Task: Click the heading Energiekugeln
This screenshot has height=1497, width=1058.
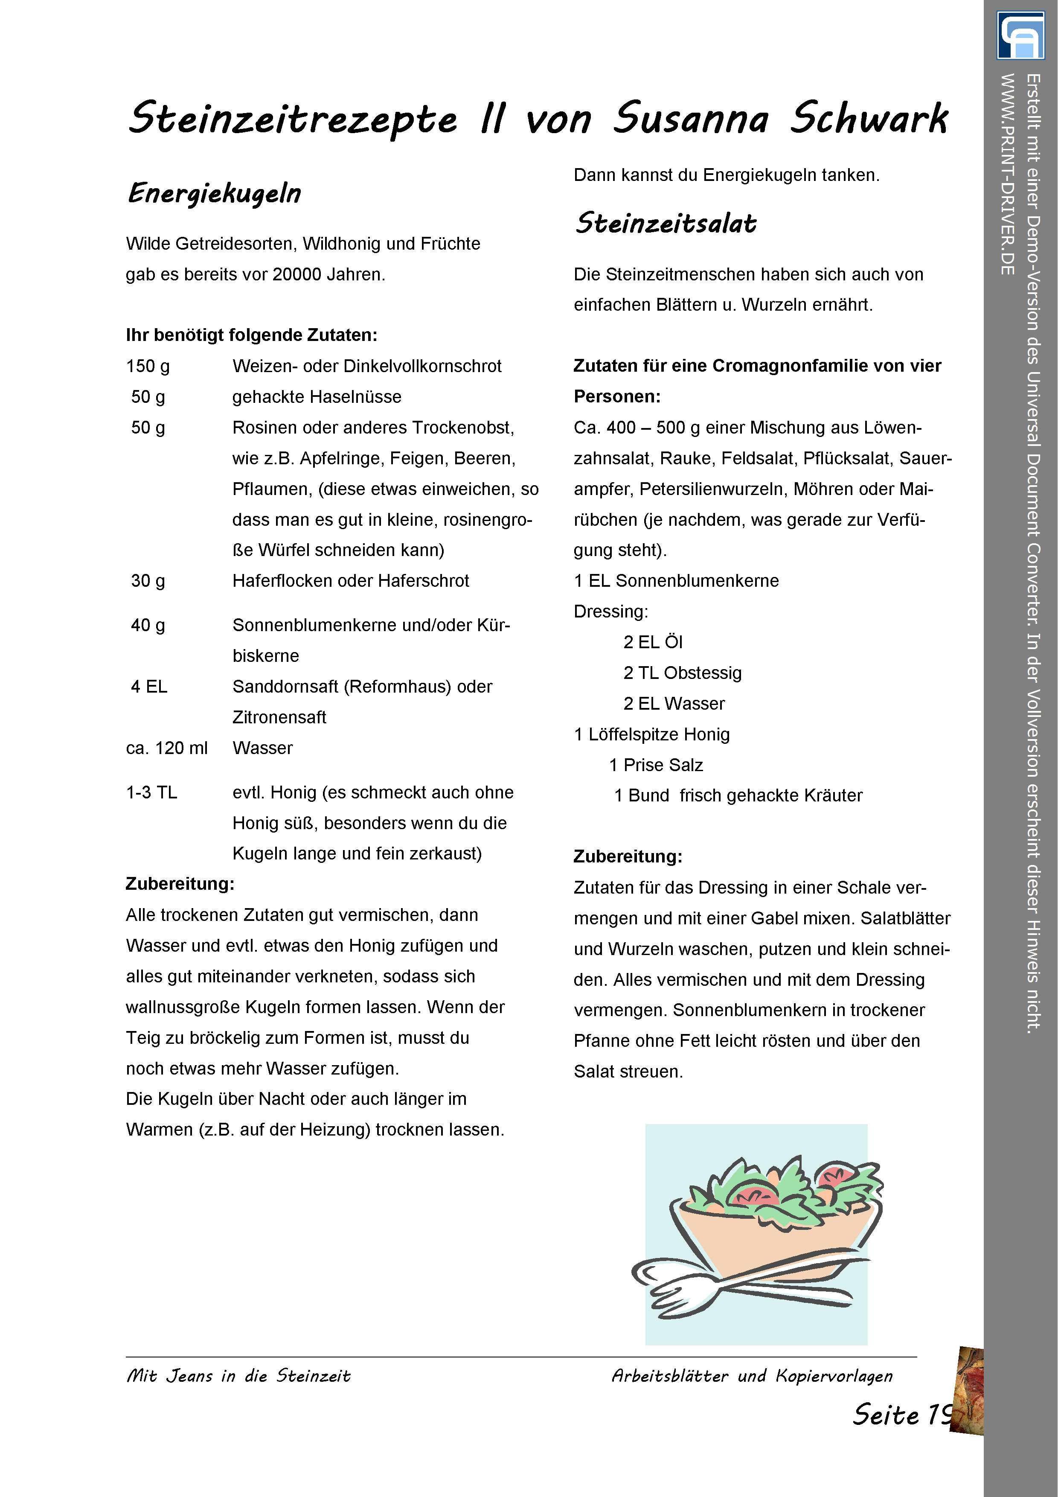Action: click(x=215, y=194)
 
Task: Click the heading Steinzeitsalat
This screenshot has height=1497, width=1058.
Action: click(x=666, y=224)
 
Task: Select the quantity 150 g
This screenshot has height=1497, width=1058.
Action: click(x=148, y=367)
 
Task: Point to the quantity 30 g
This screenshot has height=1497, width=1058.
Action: click(x=148, y=581)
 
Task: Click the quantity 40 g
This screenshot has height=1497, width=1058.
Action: click(x=148, y=625)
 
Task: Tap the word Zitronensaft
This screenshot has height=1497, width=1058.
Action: click(x=279, y=717)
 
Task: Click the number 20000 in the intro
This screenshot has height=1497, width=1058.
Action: click(x=296, y=274)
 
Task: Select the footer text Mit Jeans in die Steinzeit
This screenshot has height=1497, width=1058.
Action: click(x=238, y=1376)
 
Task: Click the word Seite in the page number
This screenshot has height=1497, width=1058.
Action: click(x=885, y=1415)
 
